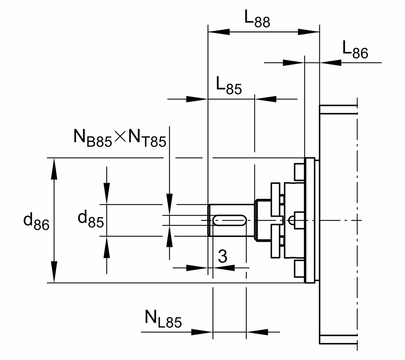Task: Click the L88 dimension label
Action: (257, 20)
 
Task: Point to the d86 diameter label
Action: (36, 221)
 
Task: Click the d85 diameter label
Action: (90, 219)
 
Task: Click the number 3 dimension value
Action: (222, 257)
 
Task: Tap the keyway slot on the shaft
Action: (229, 220)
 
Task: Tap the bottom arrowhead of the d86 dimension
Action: (53, 272)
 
